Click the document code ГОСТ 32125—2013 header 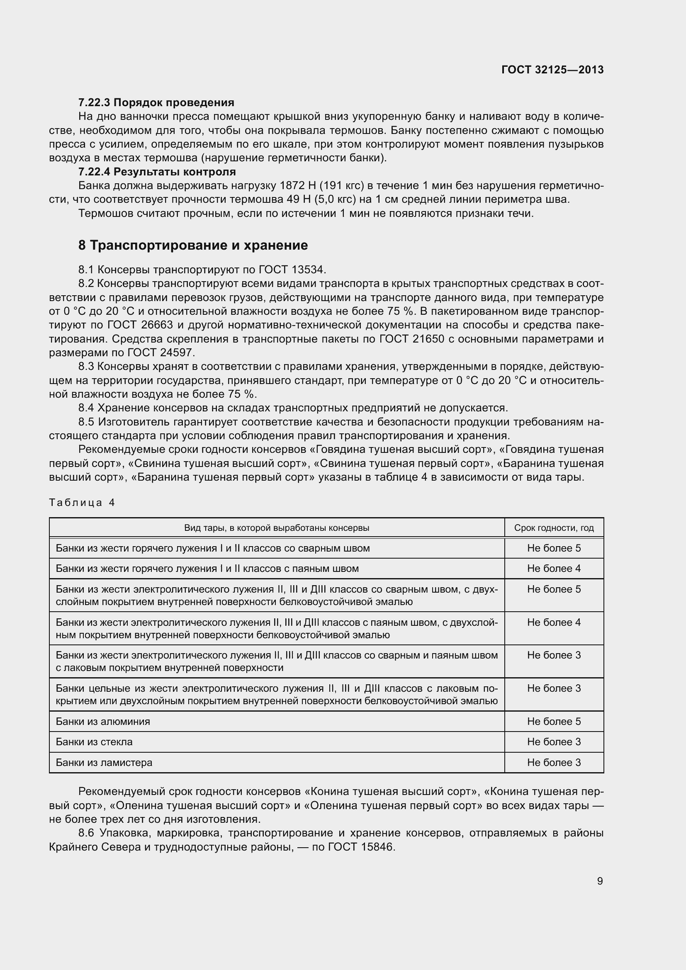pyautogui.click(x=552, y=70)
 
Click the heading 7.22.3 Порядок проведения pyautogui.click(x=156, y=102)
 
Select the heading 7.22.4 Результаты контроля pyautogui.click(x=157, y=172)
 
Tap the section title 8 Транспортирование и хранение pyautogui.click(x=192, y=245)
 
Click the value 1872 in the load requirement pyautogui.click(x=291, y=185)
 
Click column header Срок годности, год pyautogui.click(x=553, y=528)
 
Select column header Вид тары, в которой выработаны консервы pyautogui.click(x=276, y=528)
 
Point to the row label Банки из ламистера pyautogui.click(x=104, y=762)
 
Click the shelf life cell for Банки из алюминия pyautogui.click(x=553, y=721)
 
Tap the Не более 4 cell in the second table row pyautogui.click(x=553, y=568)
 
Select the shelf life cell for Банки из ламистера pyautogui.click(x=553, y=762)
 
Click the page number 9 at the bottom pyautogui.click(x=599, y=881)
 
